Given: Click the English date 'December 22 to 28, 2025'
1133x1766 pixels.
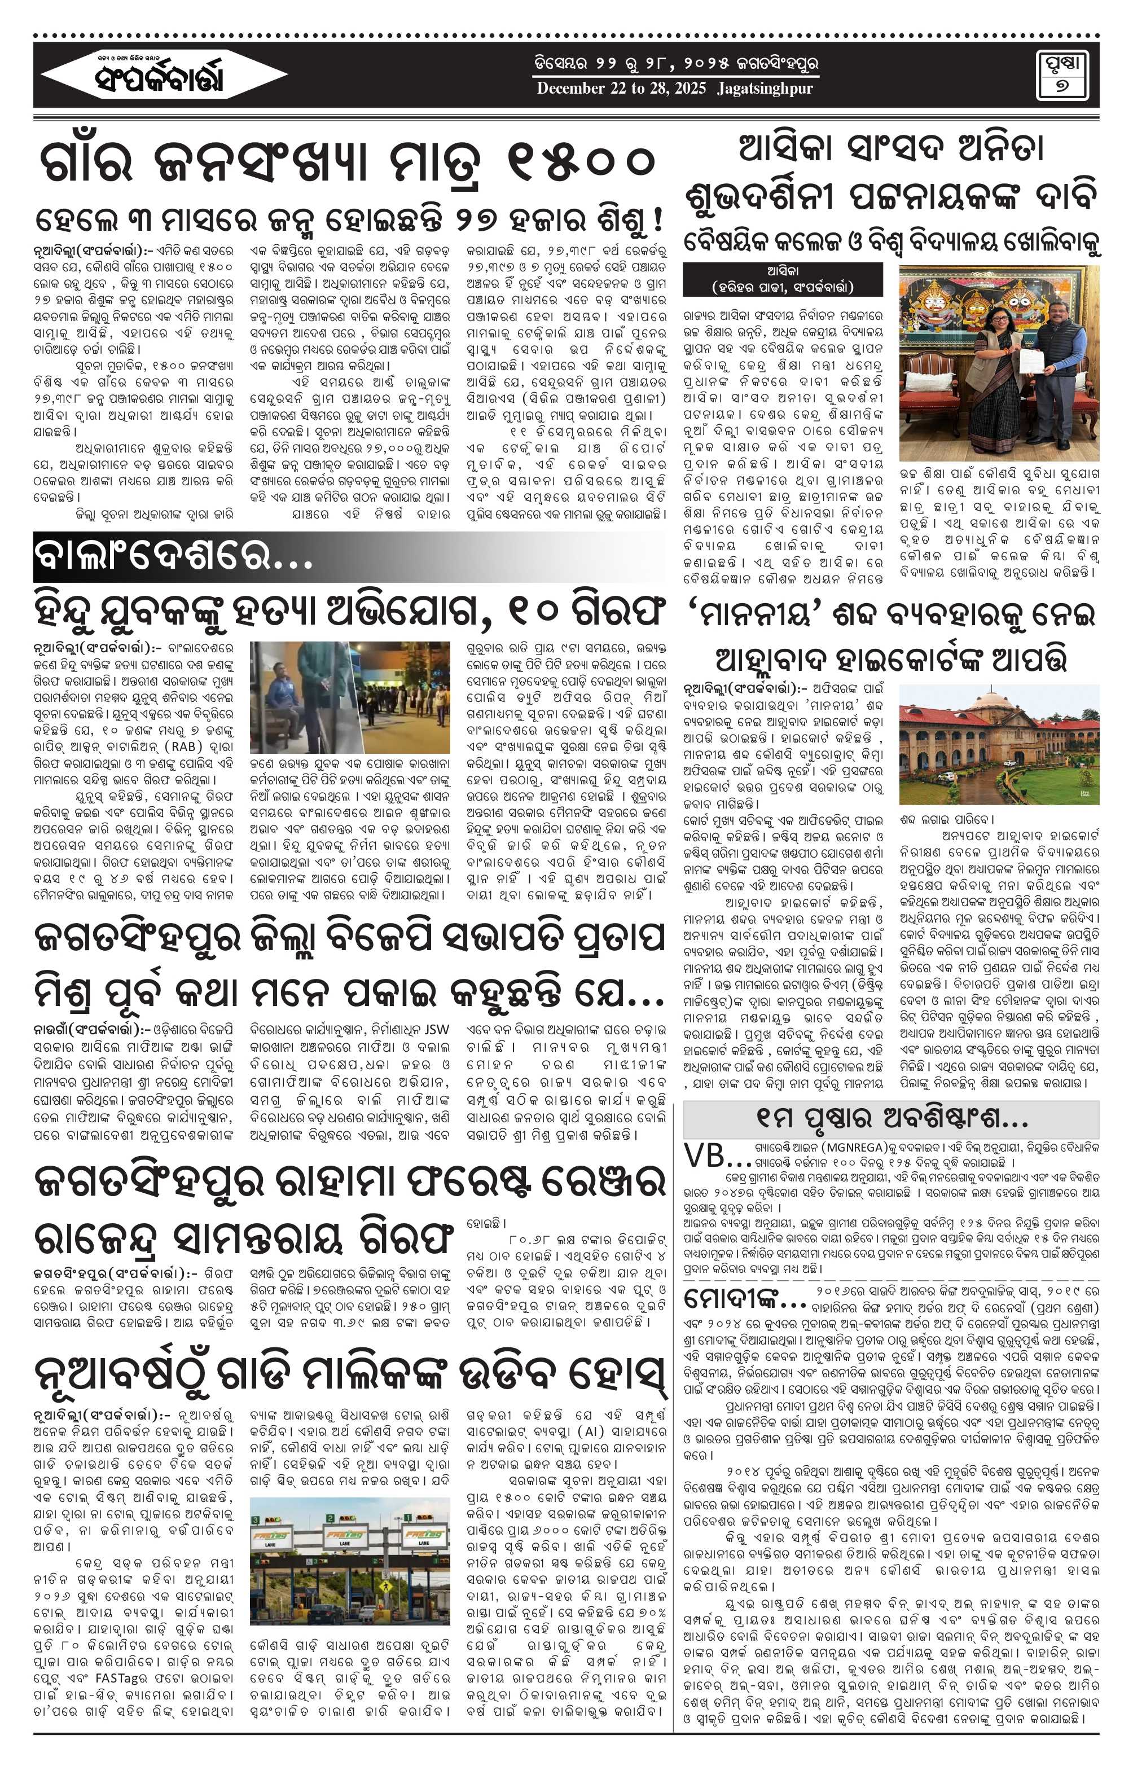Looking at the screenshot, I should tap(621, 88).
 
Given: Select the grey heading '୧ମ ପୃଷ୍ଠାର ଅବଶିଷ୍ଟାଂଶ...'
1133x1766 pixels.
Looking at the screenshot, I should tap(891, 1119).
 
